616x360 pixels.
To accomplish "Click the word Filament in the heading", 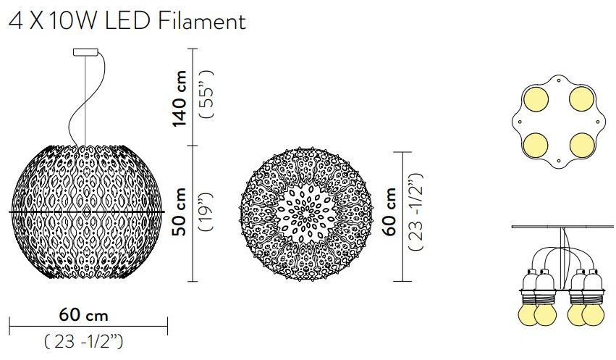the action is tap(202, 21).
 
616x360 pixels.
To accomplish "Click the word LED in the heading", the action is tap(128, 21).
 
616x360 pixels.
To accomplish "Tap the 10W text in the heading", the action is tap(72, 21).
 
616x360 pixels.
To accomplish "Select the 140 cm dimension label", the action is tap(180, 99).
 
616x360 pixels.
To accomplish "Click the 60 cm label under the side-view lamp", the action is tap(84, 315).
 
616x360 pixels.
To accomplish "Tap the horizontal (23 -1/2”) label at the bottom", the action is tap(83, 341).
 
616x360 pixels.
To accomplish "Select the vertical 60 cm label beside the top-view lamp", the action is tap(389, 212).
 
